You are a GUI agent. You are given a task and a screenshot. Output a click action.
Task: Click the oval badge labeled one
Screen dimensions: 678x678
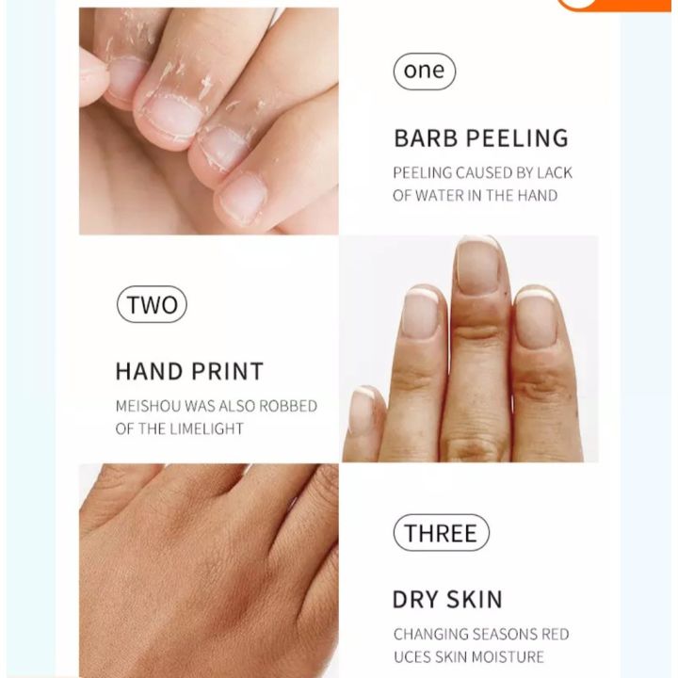424,72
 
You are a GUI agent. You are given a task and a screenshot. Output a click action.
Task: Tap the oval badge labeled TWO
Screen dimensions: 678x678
151,304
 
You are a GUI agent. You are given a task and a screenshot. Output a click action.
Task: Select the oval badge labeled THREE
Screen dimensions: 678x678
441,533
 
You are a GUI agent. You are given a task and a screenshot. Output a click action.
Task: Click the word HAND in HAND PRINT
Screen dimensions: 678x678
148,371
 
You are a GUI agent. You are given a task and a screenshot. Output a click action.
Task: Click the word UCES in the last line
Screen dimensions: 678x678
412,656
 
